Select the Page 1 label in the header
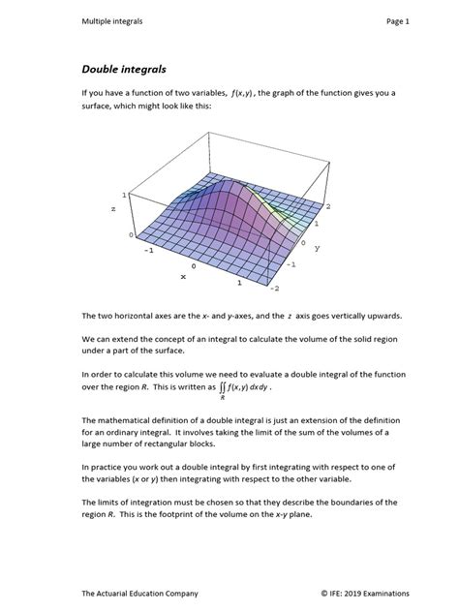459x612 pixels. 398,20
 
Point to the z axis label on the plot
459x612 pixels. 113,208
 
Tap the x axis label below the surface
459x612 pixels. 183,276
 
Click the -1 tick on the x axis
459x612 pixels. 149,249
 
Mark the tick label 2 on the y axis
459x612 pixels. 328,206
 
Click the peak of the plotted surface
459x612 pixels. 225,180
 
